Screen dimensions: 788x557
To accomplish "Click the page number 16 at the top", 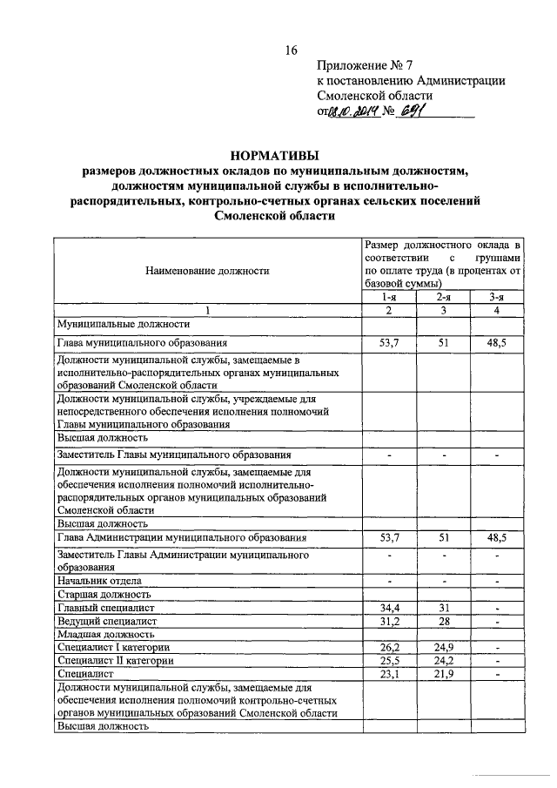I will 292,51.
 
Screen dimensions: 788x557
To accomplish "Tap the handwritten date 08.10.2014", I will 356,111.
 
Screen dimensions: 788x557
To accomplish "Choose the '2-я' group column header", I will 444,297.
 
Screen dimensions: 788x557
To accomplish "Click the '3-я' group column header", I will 497,297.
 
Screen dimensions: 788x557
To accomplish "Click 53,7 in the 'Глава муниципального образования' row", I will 389,343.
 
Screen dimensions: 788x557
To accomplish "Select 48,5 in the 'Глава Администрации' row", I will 497,539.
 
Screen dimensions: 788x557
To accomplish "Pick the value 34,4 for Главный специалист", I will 389,607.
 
